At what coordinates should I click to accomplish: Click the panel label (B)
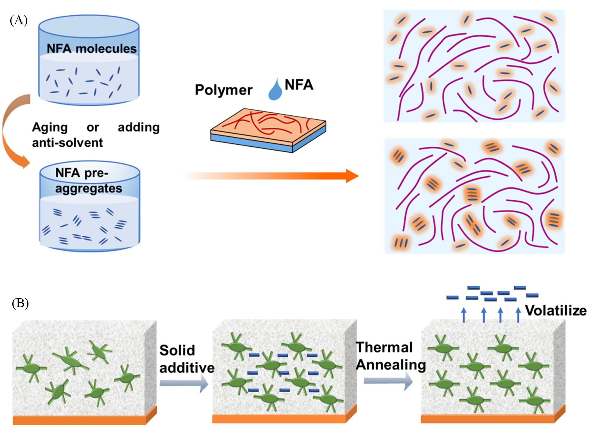(x=20, y=303)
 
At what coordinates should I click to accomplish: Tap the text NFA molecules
(x=92, y=48)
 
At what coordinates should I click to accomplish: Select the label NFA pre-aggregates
(x=88, y=180)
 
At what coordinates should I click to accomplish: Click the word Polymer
(x=224, y=90)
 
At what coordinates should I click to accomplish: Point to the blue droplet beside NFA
(x=275, y=90)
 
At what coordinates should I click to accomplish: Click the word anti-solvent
(x=67, y=143)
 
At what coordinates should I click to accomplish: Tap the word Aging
(x=50, y=128)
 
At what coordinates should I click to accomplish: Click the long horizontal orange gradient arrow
(x=270, y=176)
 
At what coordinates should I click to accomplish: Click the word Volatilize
(x=556, y=311)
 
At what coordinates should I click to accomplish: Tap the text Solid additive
(x=186, y=359)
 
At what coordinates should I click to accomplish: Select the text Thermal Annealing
(x=390, y=356)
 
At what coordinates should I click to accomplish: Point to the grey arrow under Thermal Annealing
(x=388, y=381)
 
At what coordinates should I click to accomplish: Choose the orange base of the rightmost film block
(x=488, y=419)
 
